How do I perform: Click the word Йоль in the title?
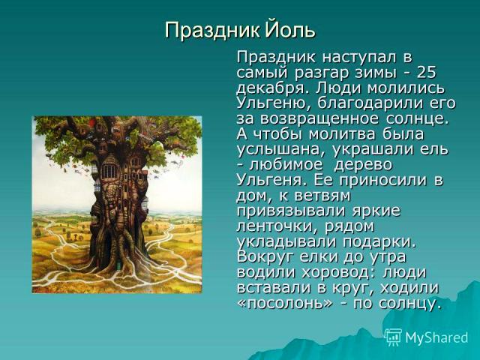point(289,30)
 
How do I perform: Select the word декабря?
point(270,88)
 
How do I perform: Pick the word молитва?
point(333,135)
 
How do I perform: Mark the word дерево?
point(363,166)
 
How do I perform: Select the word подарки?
point(379,242)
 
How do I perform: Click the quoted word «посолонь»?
point(285,304)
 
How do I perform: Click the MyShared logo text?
point(436,337)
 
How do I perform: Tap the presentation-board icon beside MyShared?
point(393,337)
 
